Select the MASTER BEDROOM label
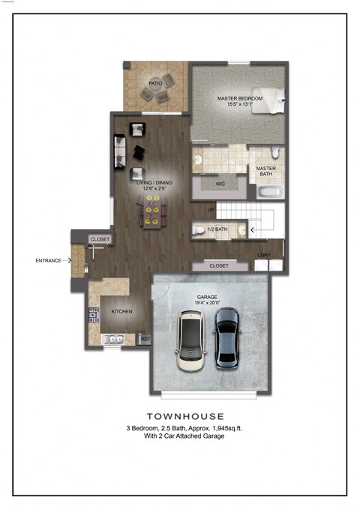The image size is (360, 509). (239, 98)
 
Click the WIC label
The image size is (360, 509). (220, 183)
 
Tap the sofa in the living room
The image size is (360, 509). (119, 152)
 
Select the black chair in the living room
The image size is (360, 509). (137, 152)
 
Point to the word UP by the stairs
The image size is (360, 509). (211, 208)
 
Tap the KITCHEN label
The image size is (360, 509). (122, 310)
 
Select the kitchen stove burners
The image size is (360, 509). (94, 315)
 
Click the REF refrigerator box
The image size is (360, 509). (145, 339)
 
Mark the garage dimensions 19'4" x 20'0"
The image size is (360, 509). (207, 303)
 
